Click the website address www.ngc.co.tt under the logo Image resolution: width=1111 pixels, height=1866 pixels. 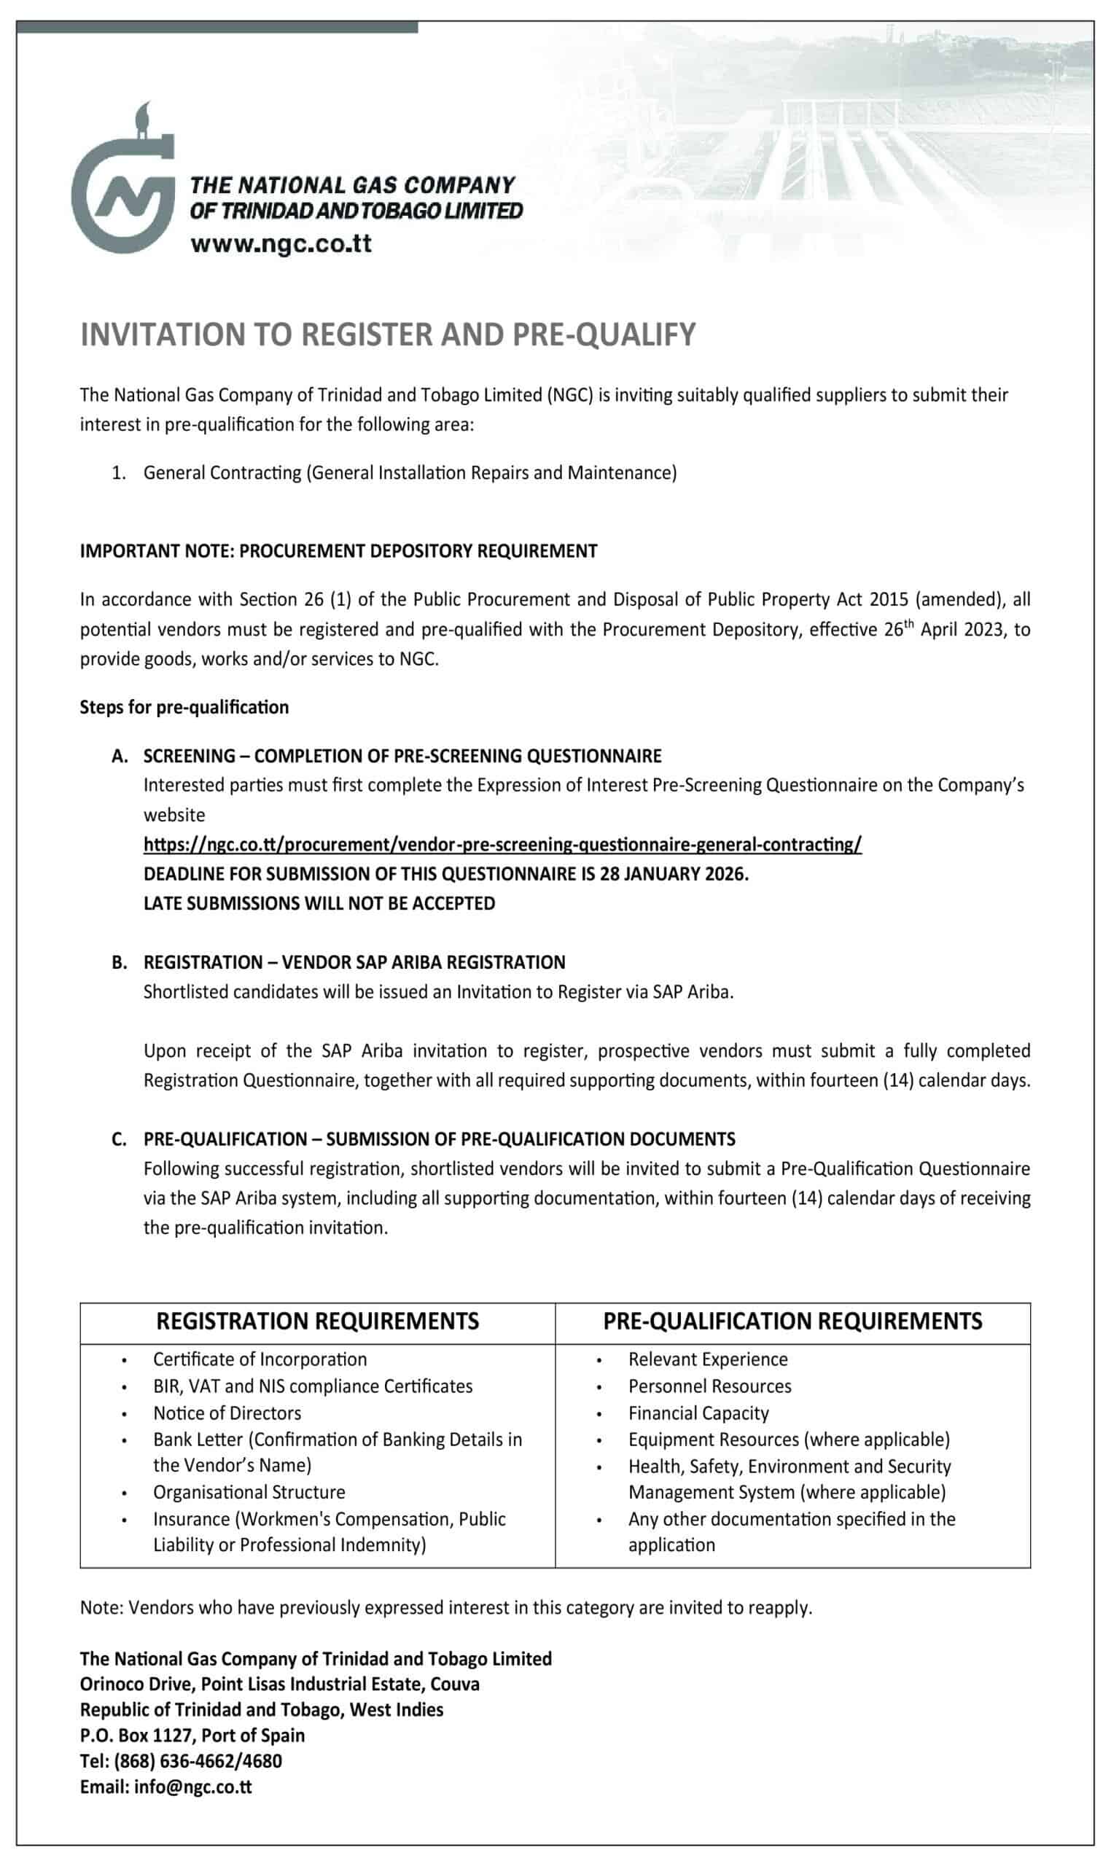pos(281,243)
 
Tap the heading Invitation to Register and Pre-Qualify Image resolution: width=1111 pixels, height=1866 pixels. pos(388,335)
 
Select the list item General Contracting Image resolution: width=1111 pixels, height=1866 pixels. pos(410,473)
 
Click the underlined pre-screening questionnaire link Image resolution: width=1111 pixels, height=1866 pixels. pos(502,844)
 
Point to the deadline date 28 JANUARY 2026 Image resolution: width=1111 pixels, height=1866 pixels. pos(673,874)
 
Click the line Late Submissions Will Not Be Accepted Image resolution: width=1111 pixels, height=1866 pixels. pos(319,903)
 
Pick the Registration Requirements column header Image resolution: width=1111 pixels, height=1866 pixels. pos(317,1321)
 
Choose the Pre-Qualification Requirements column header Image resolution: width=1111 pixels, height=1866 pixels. pos(792,1321)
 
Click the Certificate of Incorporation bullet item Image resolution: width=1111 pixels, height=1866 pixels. pos(260,1359)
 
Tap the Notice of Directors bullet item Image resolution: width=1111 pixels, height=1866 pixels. pos(227,1413)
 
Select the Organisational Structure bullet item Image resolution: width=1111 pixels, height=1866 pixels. pos(249,1492)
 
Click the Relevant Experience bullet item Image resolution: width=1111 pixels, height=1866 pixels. pos(707,1359)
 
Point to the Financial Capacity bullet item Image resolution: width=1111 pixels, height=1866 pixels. pos(698,1413)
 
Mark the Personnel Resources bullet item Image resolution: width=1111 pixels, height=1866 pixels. pos(709,1386)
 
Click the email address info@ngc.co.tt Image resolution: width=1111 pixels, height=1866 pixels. pos(193,1787)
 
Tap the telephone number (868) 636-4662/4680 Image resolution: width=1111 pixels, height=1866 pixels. pos(198,1761)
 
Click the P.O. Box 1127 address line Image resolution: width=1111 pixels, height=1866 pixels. pos(192,1735)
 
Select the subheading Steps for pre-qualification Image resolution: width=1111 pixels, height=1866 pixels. pos(184,707)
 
